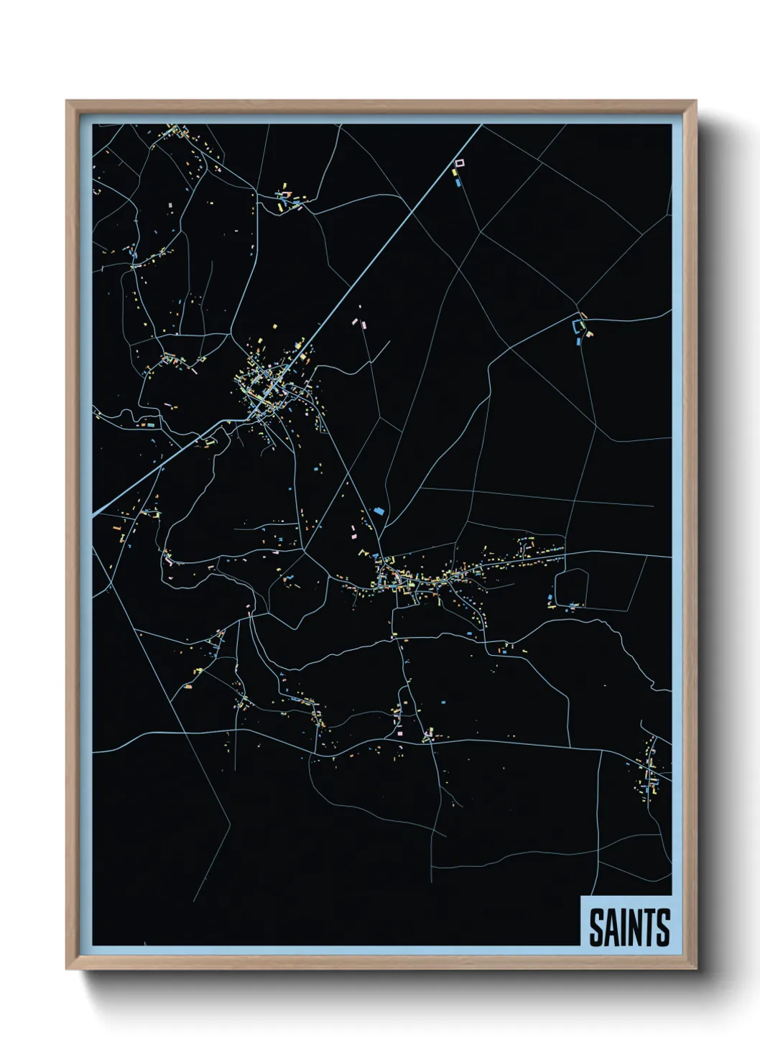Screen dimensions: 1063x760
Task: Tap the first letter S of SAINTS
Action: (x=596, y=927)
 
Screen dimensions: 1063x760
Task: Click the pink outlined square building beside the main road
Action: (x=460, y=164)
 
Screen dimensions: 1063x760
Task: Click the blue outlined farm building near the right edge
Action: (x=577, y=326)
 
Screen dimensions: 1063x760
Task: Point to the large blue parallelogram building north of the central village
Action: (x=378, y=511)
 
